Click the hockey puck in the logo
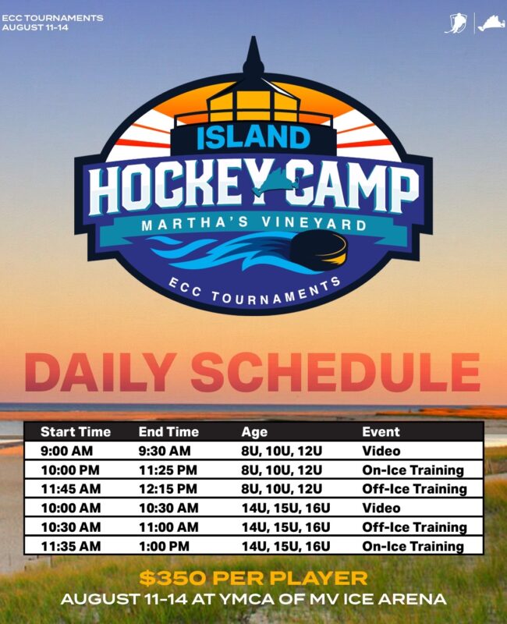(x=318, y=250)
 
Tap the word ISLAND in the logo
(x=253, y=137)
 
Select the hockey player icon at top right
(x=456, y=23)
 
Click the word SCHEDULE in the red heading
(x=335, y=372)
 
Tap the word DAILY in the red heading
(x=101, y=372)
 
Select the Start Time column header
(x=76, y=432)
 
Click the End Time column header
(x=168, y=432)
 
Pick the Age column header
(x=254, y=432)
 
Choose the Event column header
(x=381, y=432)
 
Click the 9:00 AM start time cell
(x=66, y=451)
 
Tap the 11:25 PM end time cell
(x=168, y=470)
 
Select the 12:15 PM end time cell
(x=168, y=489)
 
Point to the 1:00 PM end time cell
(x=164, y=546)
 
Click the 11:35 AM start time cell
(x=70, y=546)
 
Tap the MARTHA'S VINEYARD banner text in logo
(x=254, y=224)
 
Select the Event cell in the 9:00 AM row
(x=381, y=451)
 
